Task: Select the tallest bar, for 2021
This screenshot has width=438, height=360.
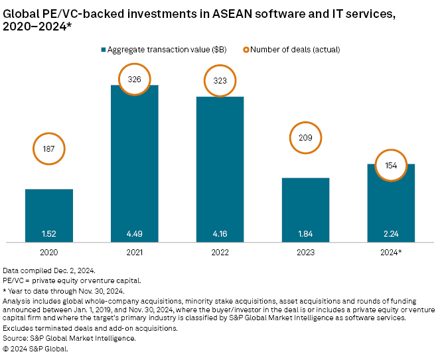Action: coord(134,166)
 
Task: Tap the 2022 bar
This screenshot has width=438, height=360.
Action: coord(220,172)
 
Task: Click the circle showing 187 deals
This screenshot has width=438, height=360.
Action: coord(49,150)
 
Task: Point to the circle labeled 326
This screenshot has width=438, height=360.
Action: coord(135,79)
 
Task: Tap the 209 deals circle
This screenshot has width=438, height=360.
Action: coord(305,138)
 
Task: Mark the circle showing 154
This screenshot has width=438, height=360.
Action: coord(391,165)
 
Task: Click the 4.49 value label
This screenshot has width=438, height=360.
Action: coord(134,233)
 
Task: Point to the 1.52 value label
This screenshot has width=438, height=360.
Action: coord(49,233)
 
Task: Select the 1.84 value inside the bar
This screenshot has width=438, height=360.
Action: coord(305,233)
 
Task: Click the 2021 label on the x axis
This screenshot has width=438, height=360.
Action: coord(134,253)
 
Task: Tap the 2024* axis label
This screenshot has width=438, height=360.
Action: coord(391,253)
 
